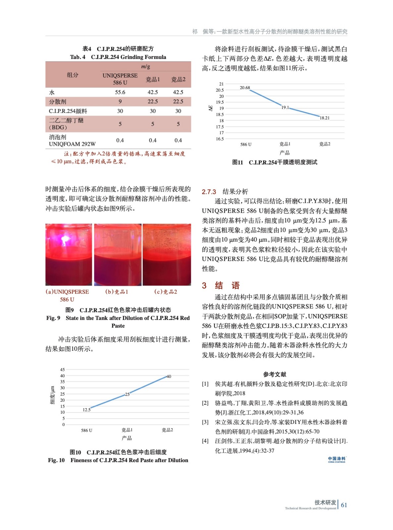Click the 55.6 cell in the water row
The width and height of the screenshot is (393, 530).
point(120,92)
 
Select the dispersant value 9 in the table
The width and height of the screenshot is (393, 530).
point(120,101)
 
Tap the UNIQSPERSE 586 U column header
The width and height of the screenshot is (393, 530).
point(120,79)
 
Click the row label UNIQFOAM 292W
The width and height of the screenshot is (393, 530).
point(72,144)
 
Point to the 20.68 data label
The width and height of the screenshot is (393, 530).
point(245,88)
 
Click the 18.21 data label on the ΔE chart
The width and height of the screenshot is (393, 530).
point(324,118)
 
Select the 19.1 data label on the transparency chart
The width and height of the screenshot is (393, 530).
point(285,108)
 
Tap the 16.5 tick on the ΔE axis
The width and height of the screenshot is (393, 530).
point(220,139)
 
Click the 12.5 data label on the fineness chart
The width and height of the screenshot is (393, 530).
point(86,410)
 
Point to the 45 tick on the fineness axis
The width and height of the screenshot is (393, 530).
point(63,369)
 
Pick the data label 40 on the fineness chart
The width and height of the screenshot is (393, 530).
point(169,376)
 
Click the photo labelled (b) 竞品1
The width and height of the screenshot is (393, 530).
point(118,254)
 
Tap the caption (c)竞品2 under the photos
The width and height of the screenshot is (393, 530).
point(166,292)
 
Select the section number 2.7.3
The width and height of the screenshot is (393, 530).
point(209,192)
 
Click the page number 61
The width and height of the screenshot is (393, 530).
point(344,505)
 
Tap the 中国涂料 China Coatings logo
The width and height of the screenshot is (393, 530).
point(336,459)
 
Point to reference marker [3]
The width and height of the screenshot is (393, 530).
point(205,422)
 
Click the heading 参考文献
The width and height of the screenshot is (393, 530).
point(274,374)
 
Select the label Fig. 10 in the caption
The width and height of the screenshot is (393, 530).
point(56,460)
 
